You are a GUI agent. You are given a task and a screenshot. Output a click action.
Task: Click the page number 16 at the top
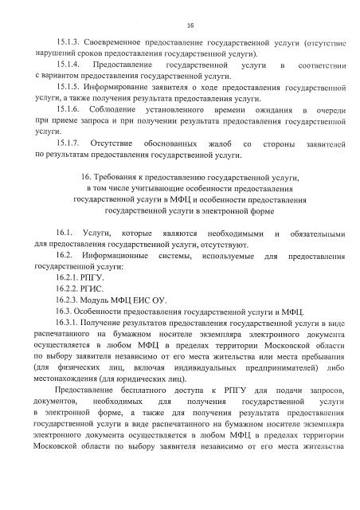point(179,25)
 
